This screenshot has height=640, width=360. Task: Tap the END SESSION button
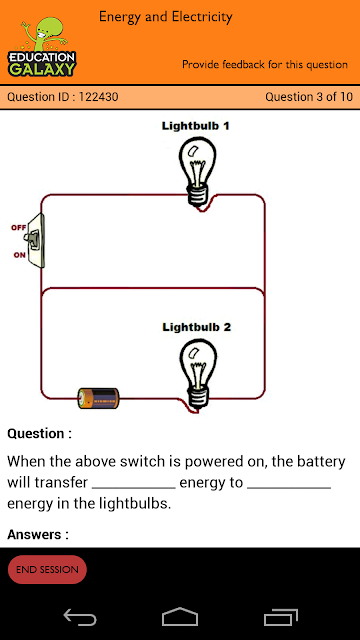[x=47, y=569]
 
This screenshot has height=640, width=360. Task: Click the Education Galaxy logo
[x=42, y=47]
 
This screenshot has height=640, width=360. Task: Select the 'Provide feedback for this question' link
[x=265, y=64]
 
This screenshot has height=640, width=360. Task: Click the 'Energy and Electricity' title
[x=166, y=17]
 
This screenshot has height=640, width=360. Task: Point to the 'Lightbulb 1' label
[x=196, y=126]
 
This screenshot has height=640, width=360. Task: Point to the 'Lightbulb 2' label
[x=196, y=327]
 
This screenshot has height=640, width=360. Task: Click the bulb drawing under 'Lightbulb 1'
[x=197, y=171]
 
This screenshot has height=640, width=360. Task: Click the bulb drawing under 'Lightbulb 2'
[x=198, y=374]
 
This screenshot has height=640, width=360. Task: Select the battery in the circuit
[x=98, y=398]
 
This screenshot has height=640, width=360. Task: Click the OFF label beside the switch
[x=18, y=228]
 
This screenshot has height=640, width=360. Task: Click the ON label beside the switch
[x=19, y=255]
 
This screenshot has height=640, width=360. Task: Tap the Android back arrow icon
[x=80, y=617]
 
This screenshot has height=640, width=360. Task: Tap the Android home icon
[x=180, y=616]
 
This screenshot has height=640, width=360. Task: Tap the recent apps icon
[x=281, y=617]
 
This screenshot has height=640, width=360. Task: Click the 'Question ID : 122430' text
[x=63, y=97]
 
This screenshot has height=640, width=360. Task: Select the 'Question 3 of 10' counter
[x=309, y=97]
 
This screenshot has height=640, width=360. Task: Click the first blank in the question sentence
[x=134, y=487]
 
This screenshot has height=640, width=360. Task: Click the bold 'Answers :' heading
[x=38, y=534]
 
